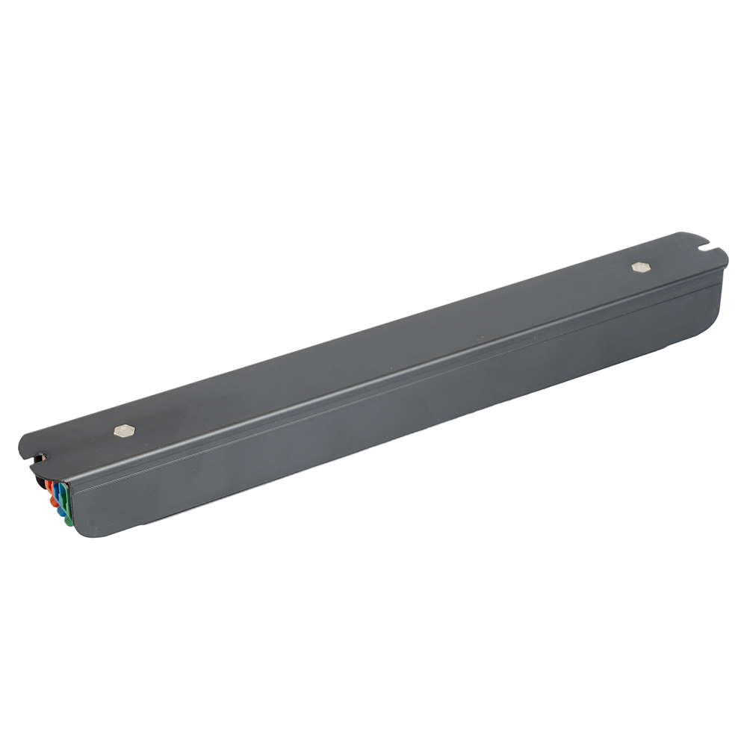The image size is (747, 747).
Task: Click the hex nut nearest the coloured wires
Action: (123, 430)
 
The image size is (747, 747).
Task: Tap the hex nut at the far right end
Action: (639, 267)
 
